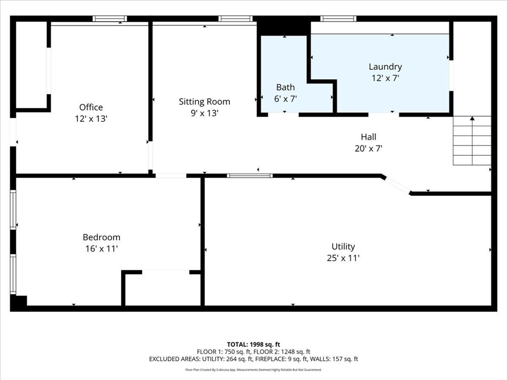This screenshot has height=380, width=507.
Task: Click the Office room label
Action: [x=91, y=107]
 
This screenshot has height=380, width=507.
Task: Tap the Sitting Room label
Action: [x=204, y=102]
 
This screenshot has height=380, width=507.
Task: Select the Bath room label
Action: [x=286, y=87]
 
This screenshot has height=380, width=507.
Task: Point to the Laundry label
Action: [x=385, y=67]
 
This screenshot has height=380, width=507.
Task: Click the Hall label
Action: [x=368, y=137]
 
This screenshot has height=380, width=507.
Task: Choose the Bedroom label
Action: [x=101, y=237]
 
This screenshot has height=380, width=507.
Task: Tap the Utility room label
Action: [x=343, y=247]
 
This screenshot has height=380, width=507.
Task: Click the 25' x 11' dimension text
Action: [x=343, y=258]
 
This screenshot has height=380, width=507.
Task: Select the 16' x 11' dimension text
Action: [x=101, y=249]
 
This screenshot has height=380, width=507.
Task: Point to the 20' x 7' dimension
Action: [x=368, y=148]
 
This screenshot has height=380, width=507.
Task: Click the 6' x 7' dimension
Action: [x=286, y=99]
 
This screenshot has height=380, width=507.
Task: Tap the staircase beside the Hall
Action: [x=472, y=141]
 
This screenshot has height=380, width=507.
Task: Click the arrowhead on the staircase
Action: [x=472, y=118]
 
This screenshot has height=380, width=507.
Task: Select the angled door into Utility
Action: [x=397, y=185]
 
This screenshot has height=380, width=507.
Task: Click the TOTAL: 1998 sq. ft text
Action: [x=253, y=344]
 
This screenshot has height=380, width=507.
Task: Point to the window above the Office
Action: [x=109, y=19]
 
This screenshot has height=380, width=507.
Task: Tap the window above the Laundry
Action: [x=338, y=19]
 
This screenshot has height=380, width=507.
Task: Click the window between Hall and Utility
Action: [x=250, y=176]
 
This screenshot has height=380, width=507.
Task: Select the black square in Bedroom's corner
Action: [x=19, y=301]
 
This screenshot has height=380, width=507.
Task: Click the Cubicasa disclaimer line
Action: [x=253, y=370]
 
